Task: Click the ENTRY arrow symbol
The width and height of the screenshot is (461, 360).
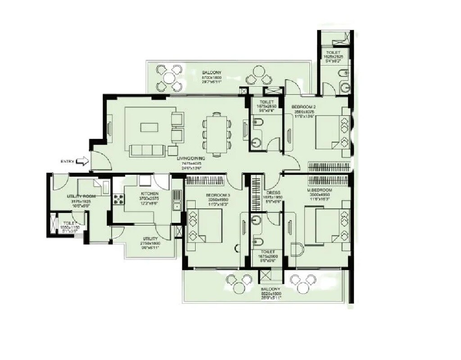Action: pos(83,161)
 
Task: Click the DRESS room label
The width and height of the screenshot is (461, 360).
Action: pos(274,193)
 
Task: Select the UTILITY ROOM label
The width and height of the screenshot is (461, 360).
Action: pos(79,197)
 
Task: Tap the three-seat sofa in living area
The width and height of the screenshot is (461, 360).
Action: pos(147,150)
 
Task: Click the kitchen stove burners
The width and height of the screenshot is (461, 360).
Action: pos(119,199)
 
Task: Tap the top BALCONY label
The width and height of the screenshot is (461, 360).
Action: pos(211,72)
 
